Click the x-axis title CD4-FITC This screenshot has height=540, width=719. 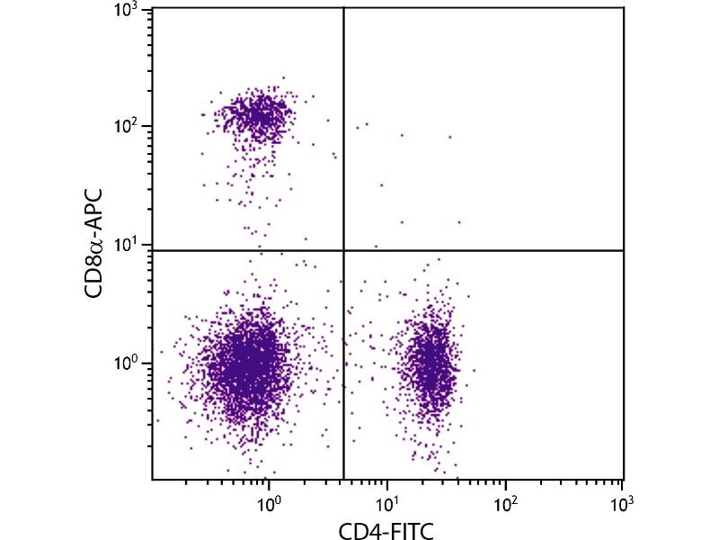387,531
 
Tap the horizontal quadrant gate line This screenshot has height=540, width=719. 485,250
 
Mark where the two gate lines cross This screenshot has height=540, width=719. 344,250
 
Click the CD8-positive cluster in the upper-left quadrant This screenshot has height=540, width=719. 256,115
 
